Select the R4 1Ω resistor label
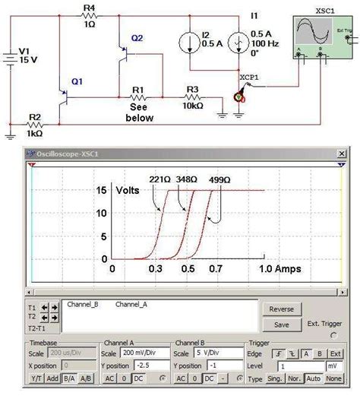[x=89, y=15]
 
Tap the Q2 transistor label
[x=137, y=38]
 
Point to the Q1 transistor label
[x=77, y=81]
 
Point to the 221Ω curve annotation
[x=159, y=180]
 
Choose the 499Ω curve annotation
[x=219, y=180]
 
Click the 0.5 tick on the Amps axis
[x=187, y=269]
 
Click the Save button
[x=281, y=325]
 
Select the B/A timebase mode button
[x=68, y=378]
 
